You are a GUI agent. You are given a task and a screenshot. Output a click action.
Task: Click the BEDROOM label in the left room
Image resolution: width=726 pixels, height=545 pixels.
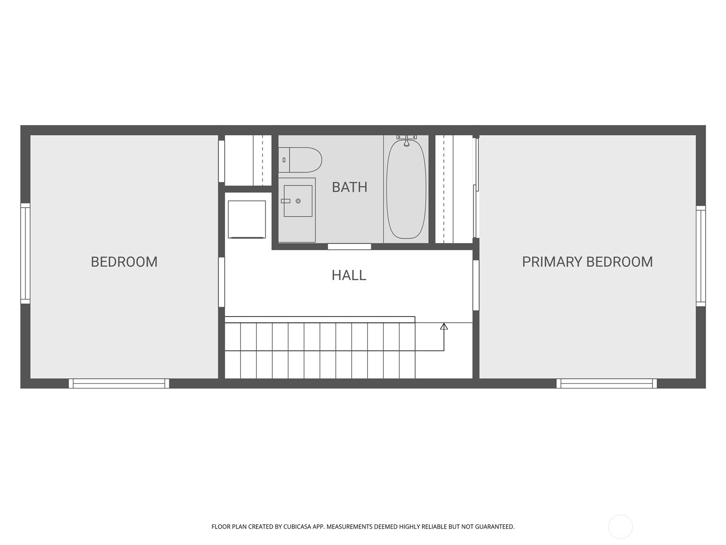click(124, 262)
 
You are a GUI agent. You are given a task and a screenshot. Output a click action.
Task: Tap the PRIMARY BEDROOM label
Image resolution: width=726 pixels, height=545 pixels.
click(587, 262)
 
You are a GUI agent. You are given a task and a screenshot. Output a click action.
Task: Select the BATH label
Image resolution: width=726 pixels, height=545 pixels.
click(349, 187)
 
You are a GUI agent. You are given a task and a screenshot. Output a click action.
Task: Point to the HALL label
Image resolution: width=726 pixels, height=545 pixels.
click(348, 275)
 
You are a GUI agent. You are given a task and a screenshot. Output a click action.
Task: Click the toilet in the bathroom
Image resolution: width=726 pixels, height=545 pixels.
click(300, 160)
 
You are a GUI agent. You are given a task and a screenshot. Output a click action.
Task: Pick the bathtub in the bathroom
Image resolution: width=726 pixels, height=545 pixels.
click(406, 190)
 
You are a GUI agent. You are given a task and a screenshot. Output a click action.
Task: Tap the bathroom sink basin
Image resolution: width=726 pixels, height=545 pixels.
click(298, 201)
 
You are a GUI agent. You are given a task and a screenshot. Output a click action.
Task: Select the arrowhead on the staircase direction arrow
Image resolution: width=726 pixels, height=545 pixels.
click(444, 326)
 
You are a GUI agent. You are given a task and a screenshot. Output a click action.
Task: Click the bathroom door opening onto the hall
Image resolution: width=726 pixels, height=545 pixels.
click(349, 247)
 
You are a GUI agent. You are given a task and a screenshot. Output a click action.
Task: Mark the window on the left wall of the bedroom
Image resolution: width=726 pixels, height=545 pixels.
click(25, 253)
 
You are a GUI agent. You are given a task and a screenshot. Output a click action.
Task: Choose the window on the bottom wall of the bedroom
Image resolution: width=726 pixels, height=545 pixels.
click(119, 384)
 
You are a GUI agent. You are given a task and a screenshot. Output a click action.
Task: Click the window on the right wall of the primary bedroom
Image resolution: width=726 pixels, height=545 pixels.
click(701, 256)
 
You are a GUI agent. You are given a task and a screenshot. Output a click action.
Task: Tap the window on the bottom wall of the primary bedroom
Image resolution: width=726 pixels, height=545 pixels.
click(607, 384)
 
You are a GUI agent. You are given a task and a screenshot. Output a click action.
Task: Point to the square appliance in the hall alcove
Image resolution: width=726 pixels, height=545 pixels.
click(246, 219)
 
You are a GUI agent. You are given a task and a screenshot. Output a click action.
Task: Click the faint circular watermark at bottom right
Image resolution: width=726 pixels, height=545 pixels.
click(620, 527)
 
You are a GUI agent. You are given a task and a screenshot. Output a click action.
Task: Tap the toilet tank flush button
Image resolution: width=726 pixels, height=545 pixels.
click(284, 160)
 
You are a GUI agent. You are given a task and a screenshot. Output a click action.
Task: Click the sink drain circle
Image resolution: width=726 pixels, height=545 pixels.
click(298, 201)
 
